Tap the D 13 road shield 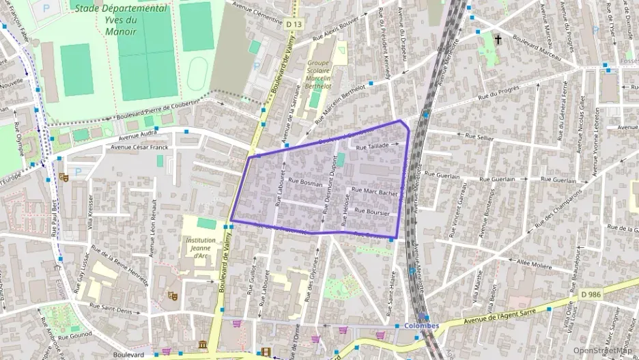point(294,25)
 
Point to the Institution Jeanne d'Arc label point(201,249)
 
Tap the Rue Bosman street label point(305,182)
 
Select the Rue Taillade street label point(372,146)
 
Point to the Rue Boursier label point(373,212)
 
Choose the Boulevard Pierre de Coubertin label point(160,109)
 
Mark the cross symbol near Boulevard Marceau point(498,40)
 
